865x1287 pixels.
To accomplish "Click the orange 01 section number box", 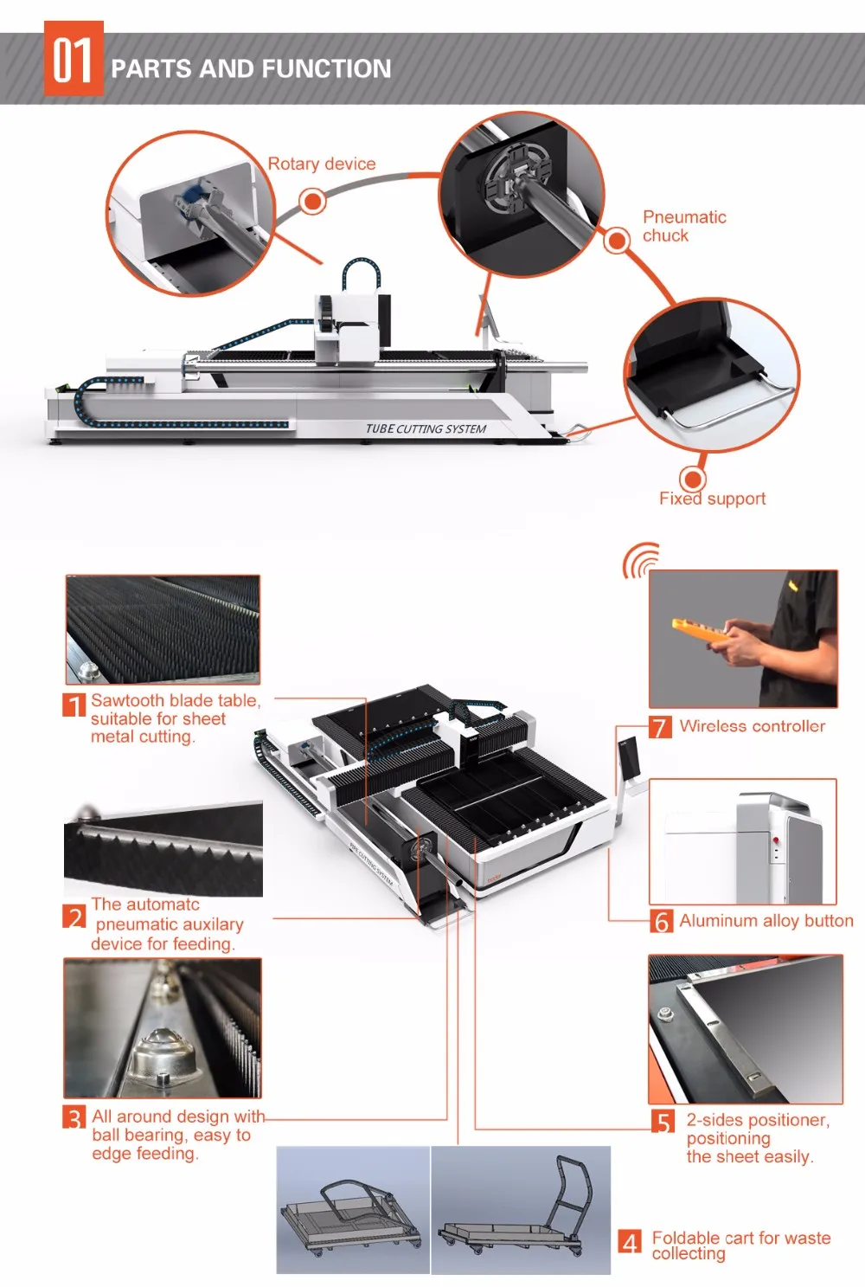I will [x=74, y=59].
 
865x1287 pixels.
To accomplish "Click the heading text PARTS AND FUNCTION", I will [x=251, y=69].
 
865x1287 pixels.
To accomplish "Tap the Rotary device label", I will [x=322, y=164].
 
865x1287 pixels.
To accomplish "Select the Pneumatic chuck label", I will [x=683, y=226].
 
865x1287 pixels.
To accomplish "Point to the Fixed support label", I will [x=712, y=499].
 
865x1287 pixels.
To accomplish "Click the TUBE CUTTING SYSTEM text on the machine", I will [x=426, y=428].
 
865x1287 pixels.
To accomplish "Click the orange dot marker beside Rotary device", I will [x=312, y=202].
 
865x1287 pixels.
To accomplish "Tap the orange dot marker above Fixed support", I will [x=692, y=479].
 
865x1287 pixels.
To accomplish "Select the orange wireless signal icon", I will [x=640, y=561].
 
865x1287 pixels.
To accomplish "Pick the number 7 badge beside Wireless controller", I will [x=660, y=727].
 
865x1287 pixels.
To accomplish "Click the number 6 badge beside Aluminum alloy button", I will [x=662, y=921].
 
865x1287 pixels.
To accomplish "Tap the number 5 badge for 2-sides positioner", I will [x=663, y=1122].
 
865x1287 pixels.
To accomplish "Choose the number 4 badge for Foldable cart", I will [x=631, y=1243].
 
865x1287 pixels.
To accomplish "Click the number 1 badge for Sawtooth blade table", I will [x=74, y=705].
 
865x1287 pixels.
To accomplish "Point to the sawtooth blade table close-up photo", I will [x=163, y=629].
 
